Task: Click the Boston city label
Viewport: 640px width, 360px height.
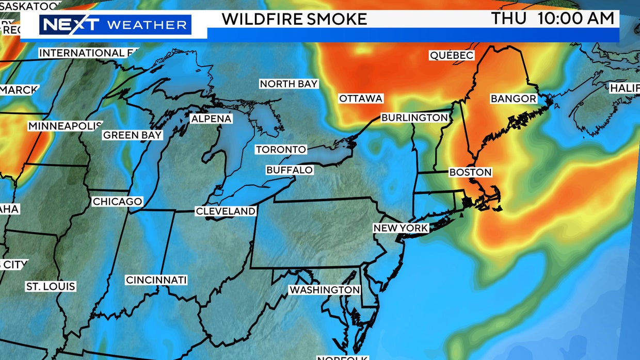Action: click(470, 172)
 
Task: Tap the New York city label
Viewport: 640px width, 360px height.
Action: click(401, 228)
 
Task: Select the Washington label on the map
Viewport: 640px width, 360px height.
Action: click(324, 290)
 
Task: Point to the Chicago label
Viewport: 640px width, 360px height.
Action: click(117, 202)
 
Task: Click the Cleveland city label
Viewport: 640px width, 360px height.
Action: click(226, 211)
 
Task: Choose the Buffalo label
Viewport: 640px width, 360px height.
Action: click(290, 170)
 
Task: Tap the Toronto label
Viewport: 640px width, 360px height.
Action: click(281, 150)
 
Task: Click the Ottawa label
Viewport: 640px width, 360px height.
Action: click(361, 99)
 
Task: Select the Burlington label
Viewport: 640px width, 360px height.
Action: click(414, 118)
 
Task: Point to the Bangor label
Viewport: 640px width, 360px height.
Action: click(513, 99)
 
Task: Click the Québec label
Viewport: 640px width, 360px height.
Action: click(452, 55)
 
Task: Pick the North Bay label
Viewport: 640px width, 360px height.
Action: click(289, 84)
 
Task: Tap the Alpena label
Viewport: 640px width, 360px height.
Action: click(211, 119)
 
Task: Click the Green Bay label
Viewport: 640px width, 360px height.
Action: click(133, 135)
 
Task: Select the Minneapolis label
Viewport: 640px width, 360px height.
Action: click(65, 126)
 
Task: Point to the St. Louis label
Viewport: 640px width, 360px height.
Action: click(51, 286)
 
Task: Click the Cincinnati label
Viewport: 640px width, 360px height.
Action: click(156, 280)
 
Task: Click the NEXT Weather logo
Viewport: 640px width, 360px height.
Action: click(115, 25)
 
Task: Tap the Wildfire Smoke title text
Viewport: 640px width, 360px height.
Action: click(294, 19)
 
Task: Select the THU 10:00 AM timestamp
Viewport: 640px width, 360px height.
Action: click(553, 19)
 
